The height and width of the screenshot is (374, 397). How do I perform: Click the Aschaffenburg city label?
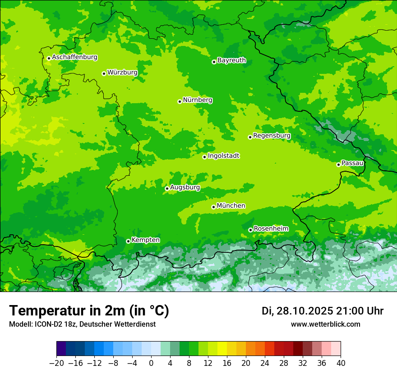coord(74,57)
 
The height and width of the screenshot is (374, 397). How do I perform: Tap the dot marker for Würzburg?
coord(104,73)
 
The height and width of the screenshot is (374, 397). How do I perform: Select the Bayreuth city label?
coord(231,60)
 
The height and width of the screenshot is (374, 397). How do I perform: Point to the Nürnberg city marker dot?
coord(180,101)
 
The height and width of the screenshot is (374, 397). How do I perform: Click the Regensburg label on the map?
coord(272,136)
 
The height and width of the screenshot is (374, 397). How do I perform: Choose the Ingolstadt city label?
coord(223,156)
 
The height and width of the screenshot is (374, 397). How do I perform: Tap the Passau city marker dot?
coord(338,164)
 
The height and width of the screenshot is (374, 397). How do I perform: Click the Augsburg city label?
coord(185,187)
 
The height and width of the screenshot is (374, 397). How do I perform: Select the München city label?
coord(231,206)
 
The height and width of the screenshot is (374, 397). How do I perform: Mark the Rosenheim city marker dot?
coord(250,230)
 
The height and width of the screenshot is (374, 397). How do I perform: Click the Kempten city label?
coord(145,240)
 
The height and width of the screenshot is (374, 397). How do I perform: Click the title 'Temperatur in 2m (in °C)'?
coord(89,310)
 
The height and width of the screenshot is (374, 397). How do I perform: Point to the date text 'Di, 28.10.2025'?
coord(297,311)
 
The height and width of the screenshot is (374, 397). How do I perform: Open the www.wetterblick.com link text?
coord(325,324)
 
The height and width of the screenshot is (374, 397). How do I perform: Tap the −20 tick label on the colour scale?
coord(56,363)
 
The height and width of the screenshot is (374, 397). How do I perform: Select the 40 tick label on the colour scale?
coord(341,363)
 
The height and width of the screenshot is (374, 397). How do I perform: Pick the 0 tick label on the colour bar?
coord(151,363)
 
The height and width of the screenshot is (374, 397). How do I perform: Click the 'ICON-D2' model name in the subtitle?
coord(43,324)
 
